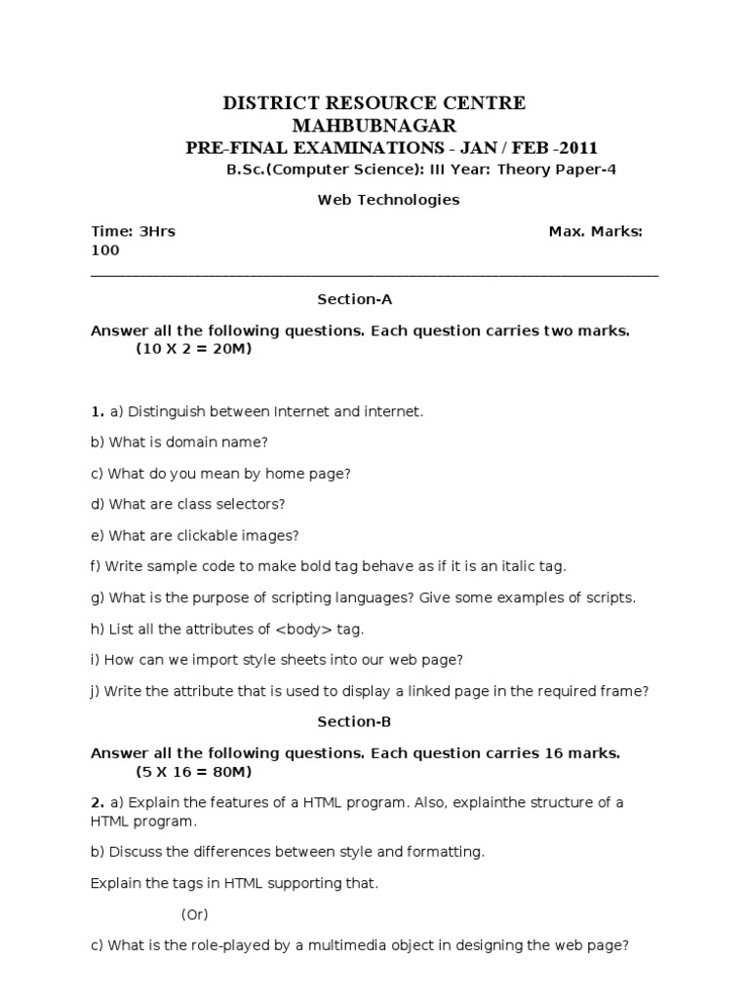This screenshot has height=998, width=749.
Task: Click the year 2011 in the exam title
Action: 575,148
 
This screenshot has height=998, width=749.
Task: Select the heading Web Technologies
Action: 374,200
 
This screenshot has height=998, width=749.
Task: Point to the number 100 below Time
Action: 105,249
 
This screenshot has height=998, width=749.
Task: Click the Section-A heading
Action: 354,299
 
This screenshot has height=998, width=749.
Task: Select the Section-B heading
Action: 354,722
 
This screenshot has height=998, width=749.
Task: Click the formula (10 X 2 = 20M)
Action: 193,349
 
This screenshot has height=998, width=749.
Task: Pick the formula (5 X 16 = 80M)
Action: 193,772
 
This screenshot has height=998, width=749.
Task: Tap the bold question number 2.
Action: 96,802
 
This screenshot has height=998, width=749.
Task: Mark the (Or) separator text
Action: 195,914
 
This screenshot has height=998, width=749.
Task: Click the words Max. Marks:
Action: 595,231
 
